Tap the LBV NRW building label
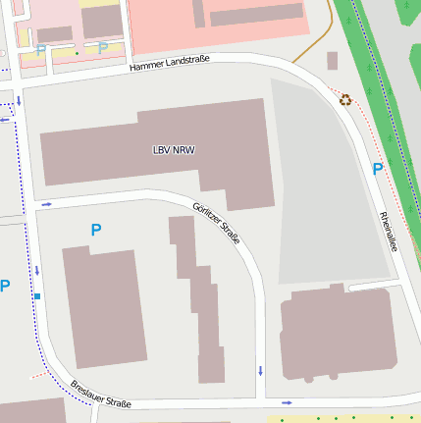click(174, 150)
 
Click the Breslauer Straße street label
click(101, 394)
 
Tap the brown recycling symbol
click(345, 99)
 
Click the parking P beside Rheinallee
click(378, 169)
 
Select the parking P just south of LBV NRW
click(96, 230)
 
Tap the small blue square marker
click(37, 296)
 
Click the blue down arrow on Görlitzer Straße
click(260, 370)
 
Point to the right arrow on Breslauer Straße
click(287, 402)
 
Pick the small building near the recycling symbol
click(332, 61)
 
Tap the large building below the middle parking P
click(99, 308)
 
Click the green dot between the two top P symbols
click(77, 53)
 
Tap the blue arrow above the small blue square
click(37, 270)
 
